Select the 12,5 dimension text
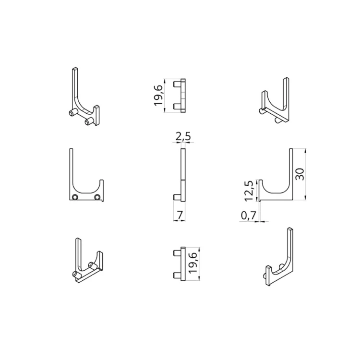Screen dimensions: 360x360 (248, 190)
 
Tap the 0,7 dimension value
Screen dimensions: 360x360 (248, 216)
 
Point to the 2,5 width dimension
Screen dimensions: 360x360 (183, 137)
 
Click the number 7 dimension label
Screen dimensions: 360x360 (180, 216)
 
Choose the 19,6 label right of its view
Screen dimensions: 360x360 (193, 264)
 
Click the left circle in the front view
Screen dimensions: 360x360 (75, 197)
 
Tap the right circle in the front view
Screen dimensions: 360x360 (97, 197)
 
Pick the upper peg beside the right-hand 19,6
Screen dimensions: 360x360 (176, 253)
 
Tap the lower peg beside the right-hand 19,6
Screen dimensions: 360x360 (176, 275)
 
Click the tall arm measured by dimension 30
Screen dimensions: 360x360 (290, 173)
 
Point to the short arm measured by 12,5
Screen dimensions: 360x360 (260, 189)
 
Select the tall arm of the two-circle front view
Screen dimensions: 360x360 (72, 173)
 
